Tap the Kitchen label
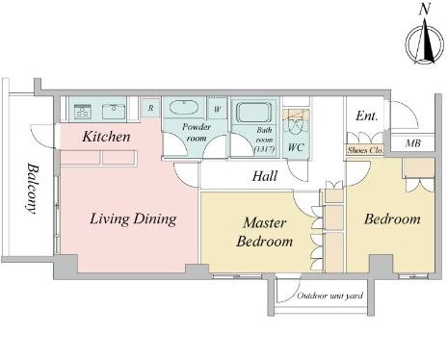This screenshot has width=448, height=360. (x=106, y=137)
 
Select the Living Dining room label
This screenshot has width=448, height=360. (x=133, y=219)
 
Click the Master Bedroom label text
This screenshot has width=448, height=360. (x=264, y=232)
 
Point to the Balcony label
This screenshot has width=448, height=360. (x=32, y=189)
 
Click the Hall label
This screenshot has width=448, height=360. (x=265, y=176)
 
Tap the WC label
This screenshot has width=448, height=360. (x=296, y=147)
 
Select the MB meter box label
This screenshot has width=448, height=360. (x=413, y=143)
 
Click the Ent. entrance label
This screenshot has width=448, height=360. (x=366, y=116)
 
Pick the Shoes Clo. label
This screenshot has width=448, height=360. (x=365, y=150)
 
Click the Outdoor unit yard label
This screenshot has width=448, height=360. (x=330, y=296)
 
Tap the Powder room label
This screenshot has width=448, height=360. (x=197, y=133)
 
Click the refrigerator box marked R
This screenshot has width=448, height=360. (x=150, y=108)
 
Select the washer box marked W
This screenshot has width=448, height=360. (x=217, y=109)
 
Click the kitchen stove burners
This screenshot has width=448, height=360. (x=83, y=112)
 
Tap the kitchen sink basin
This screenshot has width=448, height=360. (x=114, y=112)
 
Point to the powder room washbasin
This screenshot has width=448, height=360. (x=183, y=108)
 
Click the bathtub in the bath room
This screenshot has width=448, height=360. (x=253, y=112)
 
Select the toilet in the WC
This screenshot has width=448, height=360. (x=296, y=125)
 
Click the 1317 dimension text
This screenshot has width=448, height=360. (x=264, y=149)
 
